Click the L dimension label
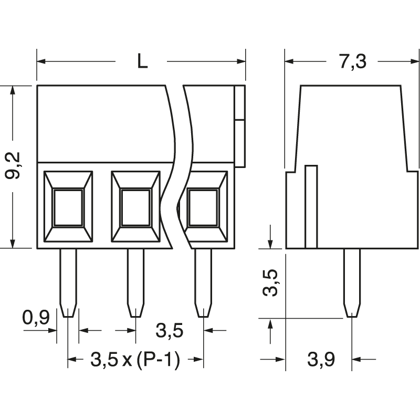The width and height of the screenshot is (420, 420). click(142, 61)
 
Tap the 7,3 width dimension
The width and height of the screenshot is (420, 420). click(351, 61)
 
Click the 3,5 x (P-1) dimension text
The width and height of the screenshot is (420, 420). click(135, 360)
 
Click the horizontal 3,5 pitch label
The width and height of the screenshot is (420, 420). click(170, 331)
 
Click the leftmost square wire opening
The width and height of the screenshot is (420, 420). click(68, 207)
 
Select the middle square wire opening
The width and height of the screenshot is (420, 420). click(135, 207)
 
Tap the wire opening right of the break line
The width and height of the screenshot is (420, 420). click(203, 207)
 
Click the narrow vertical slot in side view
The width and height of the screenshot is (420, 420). click(311, 206)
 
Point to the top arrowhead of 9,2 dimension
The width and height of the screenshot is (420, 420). click(13, 89)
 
